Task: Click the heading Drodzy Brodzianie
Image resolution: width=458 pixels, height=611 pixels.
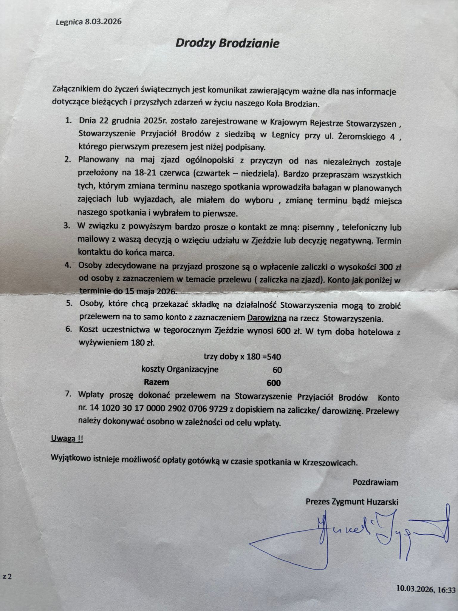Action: pos(227,44)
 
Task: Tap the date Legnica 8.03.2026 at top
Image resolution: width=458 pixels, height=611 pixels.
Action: pos(89,22)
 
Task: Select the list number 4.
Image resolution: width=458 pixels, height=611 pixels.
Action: pos(68,265)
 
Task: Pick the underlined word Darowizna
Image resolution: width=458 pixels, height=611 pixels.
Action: pos(267,318)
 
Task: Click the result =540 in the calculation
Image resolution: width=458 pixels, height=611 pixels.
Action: pos(271,357)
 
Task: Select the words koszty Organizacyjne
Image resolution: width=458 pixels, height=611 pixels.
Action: pos(180,369)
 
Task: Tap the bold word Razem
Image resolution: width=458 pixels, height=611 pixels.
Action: pos(157,382)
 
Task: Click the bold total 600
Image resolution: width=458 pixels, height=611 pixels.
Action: pos(273,383)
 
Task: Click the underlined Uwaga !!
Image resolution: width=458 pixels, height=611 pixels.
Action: pos(67,439)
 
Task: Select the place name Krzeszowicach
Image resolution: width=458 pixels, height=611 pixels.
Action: pos(329,463)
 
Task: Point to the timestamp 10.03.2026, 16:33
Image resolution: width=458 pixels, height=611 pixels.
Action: pos(426,590)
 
